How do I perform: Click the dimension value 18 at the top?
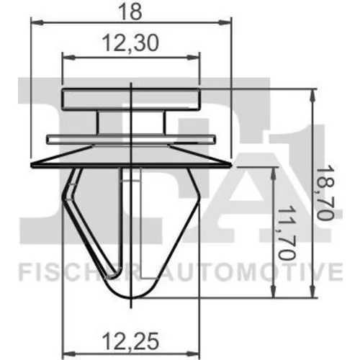pos(130,12)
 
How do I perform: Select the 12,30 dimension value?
pos(130,43)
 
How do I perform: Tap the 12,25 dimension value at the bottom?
pos(130,341)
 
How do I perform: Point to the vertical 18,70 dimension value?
pos(325,193)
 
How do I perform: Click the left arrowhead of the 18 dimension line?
pos(37,23)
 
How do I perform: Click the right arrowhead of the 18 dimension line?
pos(225,23)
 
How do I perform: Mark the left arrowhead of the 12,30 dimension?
pos(68,58)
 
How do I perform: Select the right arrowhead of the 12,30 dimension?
pos(193,58)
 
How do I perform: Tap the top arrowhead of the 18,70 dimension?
pos(312,95)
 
